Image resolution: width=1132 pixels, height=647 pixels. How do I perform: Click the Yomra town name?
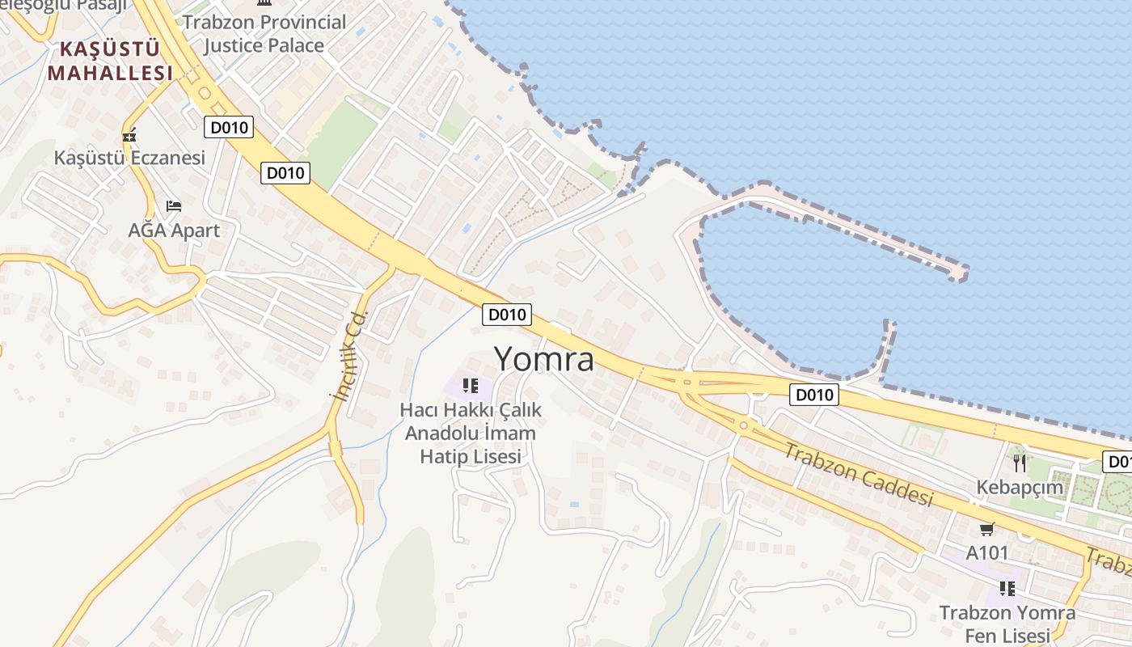tap(543, 359)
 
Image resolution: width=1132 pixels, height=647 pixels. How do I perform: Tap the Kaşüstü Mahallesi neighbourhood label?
tap(110, 61)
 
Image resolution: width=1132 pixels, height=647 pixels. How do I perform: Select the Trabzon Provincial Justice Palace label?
tap(264, 34)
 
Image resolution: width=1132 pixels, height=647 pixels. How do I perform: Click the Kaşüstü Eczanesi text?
tap(129, 158)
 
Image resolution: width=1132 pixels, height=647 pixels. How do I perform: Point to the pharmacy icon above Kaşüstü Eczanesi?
tap(129, 136)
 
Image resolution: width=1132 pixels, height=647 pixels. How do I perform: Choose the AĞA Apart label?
tap(174, 230)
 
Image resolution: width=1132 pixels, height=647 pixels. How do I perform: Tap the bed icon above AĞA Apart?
tap(174, 206)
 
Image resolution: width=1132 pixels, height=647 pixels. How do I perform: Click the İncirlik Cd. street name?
tap(350, 356)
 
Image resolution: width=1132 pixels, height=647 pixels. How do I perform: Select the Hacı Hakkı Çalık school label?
tap(471, 433)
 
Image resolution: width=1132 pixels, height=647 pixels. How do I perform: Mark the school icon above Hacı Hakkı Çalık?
tap(471, 385)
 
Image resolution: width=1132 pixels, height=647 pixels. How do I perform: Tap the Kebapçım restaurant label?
tap(1020, 488)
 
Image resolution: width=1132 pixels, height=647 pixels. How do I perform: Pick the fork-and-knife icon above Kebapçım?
tap(1020, 463)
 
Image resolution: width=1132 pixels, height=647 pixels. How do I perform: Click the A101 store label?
tap(987, 553)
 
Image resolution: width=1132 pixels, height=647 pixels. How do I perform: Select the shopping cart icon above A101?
tap(986, 530)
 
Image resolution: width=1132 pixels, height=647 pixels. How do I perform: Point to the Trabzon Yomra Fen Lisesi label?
tap(1007, 624)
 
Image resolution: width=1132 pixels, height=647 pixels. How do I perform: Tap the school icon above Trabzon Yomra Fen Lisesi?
tap(1007, 588)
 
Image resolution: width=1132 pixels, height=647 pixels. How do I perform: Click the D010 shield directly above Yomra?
tap(507, 315)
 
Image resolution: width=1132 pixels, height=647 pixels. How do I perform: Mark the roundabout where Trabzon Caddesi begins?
tap(743, 425)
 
